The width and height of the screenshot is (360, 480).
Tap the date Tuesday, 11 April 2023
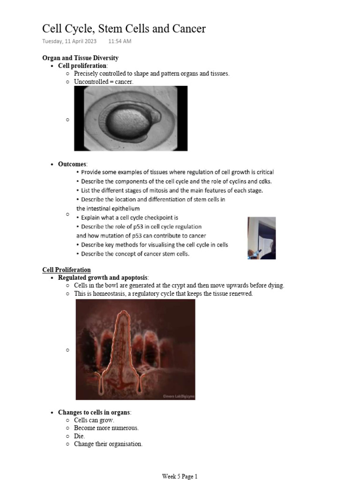[x=69, y=41]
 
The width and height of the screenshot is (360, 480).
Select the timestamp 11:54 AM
[x=120, y=41]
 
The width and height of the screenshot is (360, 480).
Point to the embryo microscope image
[x=130, y=118]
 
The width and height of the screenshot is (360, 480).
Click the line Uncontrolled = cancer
[x=104, y=82]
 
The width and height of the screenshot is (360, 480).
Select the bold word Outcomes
[x=72, y=164]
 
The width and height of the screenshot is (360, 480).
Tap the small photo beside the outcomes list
[x=262, y=238]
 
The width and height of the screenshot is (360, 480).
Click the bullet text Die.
[x=79, y=436]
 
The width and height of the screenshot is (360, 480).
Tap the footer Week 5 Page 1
[x=180, y=476]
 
